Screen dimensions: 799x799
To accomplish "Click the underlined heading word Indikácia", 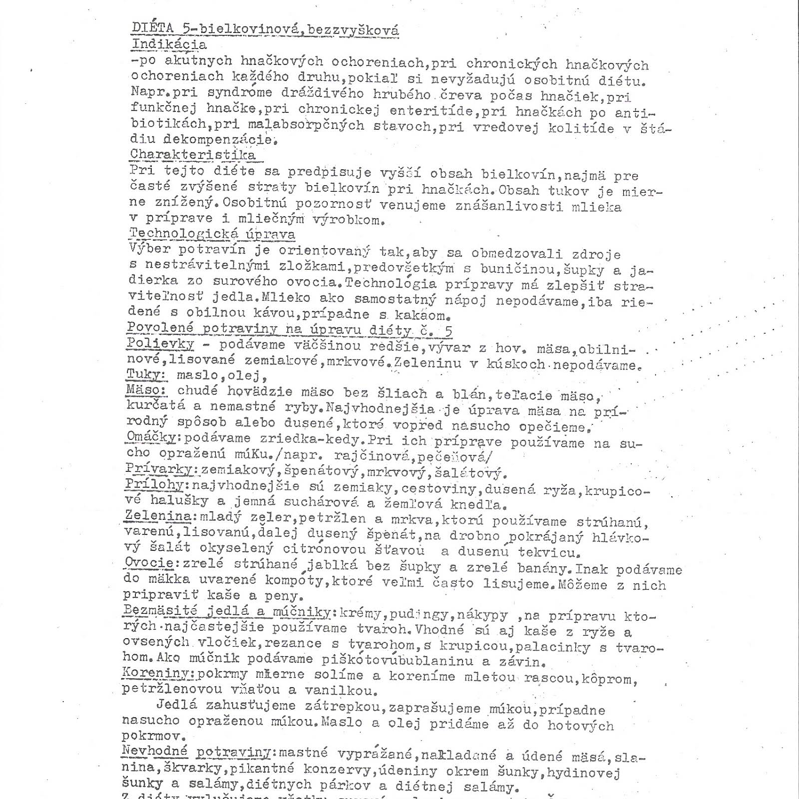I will click(169, 44).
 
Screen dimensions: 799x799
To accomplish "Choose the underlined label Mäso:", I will click(146, 390).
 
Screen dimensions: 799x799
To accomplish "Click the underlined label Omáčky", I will click(151, 437).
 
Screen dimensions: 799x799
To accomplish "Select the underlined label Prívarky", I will click(158, 469).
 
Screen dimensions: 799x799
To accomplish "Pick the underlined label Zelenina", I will click(158, 515).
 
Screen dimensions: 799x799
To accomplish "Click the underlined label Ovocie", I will click(149, 563).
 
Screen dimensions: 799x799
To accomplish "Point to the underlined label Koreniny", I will click(157, 673).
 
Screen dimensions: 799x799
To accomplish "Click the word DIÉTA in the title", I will click(153, 28).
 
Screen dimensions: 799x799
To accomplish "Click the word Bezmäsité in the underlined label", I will click(161, 610).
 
